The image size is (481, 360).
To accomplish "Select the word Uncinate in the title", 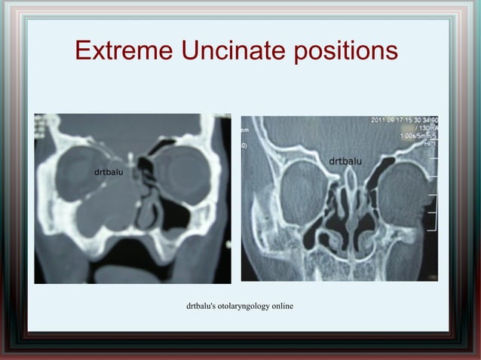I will coord(231,51).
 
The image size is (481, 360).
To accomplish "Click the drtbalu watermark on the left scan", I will coord(109,172).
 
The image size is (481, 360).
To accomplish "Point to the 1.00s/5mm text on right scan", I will coord(411,136).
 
